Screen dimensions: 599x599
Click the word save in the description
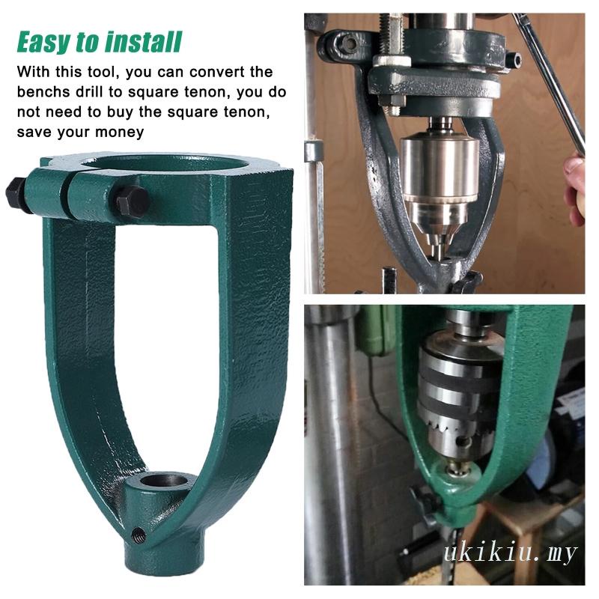(31, 132)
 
